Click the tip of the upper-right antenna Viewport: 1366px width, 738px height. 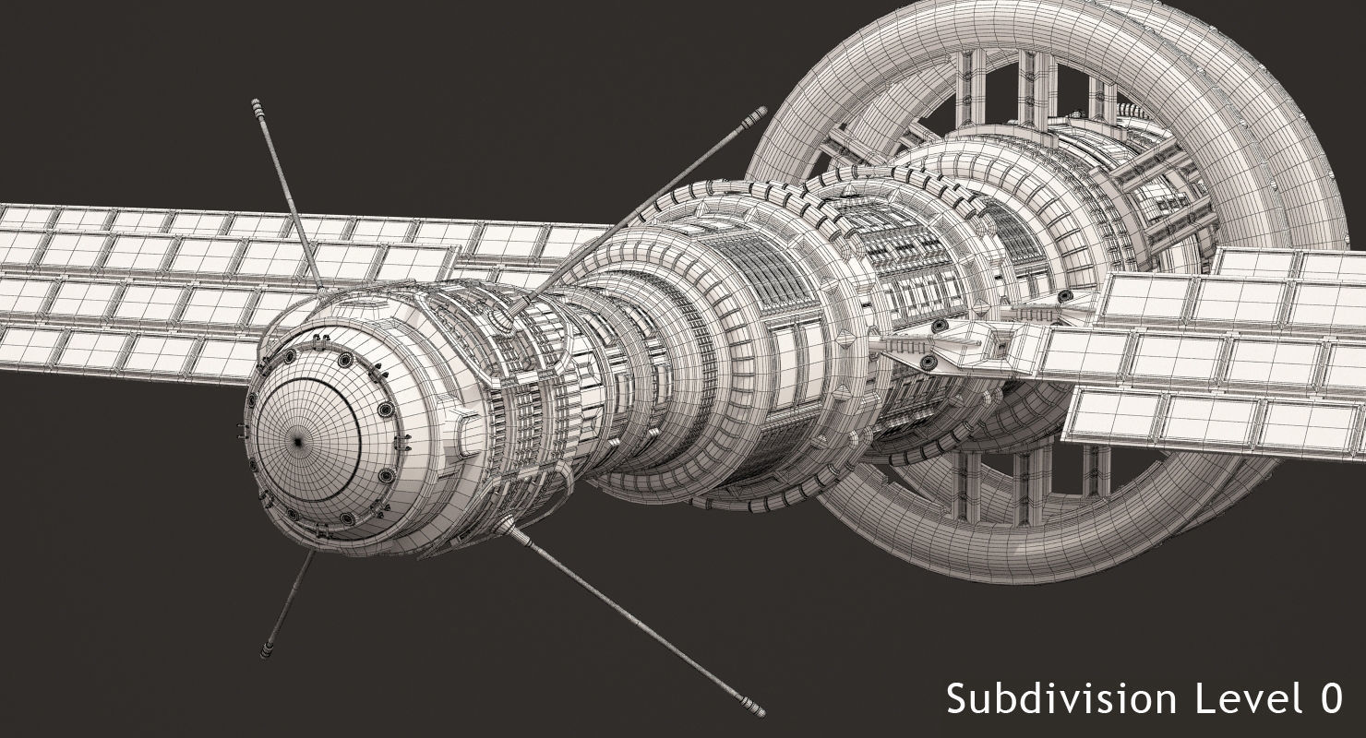pyautogui.click(x=761, y=112)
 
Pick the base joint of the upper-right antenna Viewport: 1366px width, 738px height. pyautogui.click(x=514, y=307)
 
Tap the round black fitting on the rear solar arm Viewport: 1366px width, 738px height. pyautogui.click(x=1065, y=296)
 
